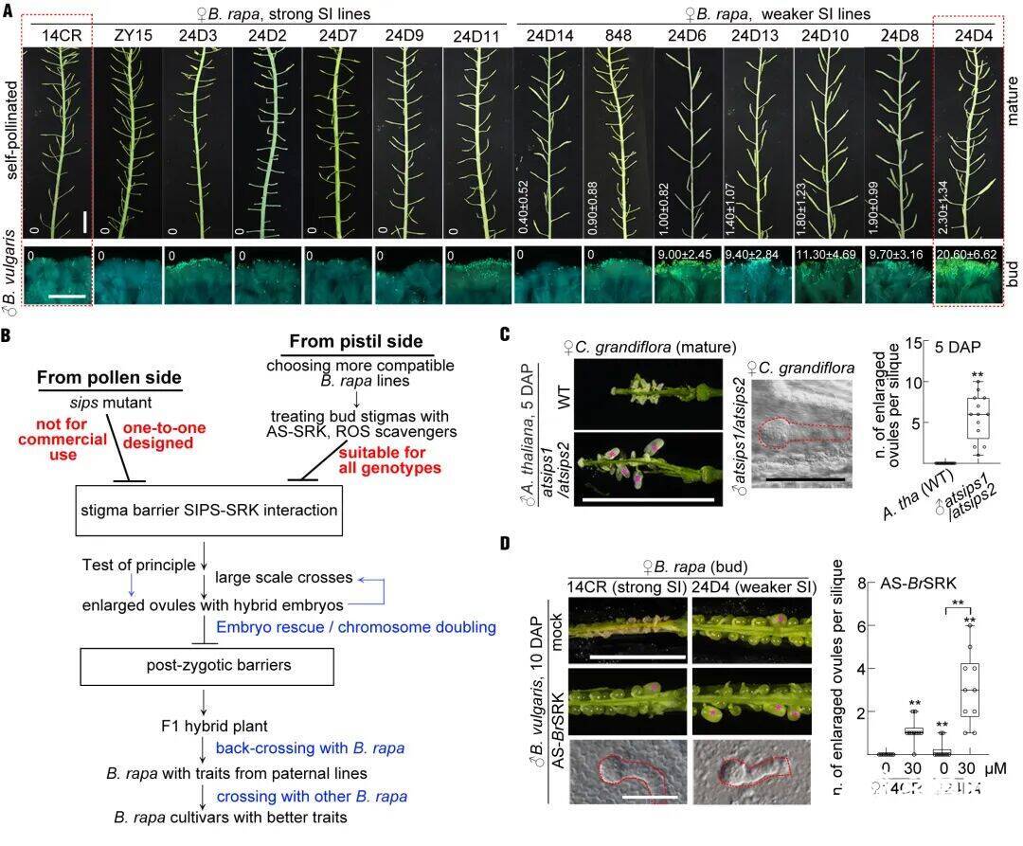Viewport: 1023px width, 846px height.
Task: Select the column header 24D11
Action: (476, 36)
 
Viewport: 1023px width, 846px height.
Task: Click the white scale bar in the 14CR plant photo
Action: (84, 222)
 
